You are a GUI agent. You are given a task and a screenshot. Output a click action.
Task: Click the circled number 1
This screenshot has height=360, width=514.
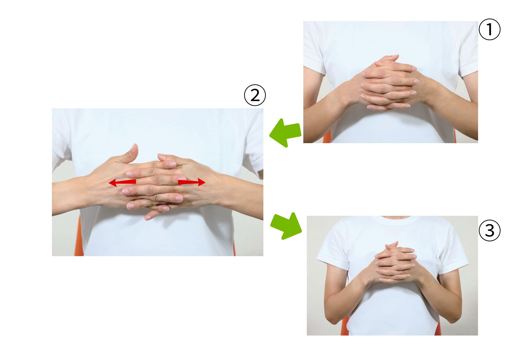489,29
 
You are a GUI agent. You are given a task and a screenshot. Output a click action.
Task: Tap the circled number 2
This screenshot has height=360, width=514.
255,95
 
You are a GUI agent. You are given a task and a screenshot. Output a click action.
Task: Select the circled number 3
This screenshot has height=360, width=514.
489,230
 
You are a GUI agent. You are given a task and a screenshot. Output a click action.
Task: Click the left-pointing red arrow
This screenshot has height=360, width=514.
122,183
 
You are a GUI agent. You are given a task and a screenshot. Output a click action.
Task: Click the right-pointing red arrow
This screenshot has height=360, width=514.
192,182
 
